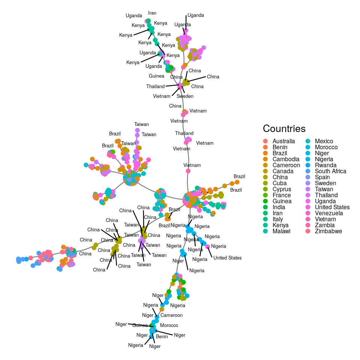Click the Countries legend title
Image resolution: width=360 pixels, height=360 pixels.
[x=284, y=129]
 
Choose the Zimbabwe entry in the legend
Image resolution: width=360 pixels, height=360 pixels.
[x=328, y=231]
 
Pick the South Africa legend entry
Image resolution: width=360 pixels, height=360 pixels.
[x=330, y=171]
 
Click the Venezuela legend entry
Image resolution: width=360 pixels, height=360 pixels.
[x=329, y=213]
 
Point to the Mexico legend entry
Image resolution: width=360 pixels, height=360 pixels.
[x=324, y=141]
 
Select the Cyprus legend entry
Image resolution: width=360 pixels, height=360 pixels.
[x=281, y=189]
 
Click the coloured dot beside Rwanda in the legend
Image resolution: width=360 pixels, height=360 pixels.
[x=308, y=165]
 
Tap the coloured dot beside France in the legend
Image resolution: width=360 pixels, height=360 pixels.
[x=265, y=195]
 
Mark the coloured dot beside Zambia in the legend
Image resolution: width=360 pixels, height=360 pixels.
[x=308, y=225]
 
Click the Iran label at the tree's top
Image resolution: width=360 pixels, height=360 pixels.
[x=152, y=13]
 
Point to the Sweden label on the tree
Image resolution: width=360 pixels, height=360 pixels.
[x=185, y=96]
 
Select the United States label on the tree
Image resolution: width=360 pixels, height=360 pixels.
[x=227, y=258]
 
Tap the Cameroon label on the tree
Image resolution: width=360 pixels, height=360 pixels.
[x=171, y=315]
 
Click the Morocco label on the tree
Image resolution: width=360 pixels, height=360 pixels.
[x=169, y=325]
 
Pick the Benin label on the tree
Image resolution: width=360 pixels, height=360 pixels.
[x=162, y=337]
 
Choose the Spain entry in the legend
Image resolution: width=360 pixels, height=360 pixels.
[x=322, y=177]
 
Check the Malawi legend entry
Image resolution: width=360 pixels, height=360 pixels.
[x=281, y=231]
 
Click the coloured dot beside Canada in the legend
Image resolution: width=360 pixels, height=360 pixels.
[x=265, y=171]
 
